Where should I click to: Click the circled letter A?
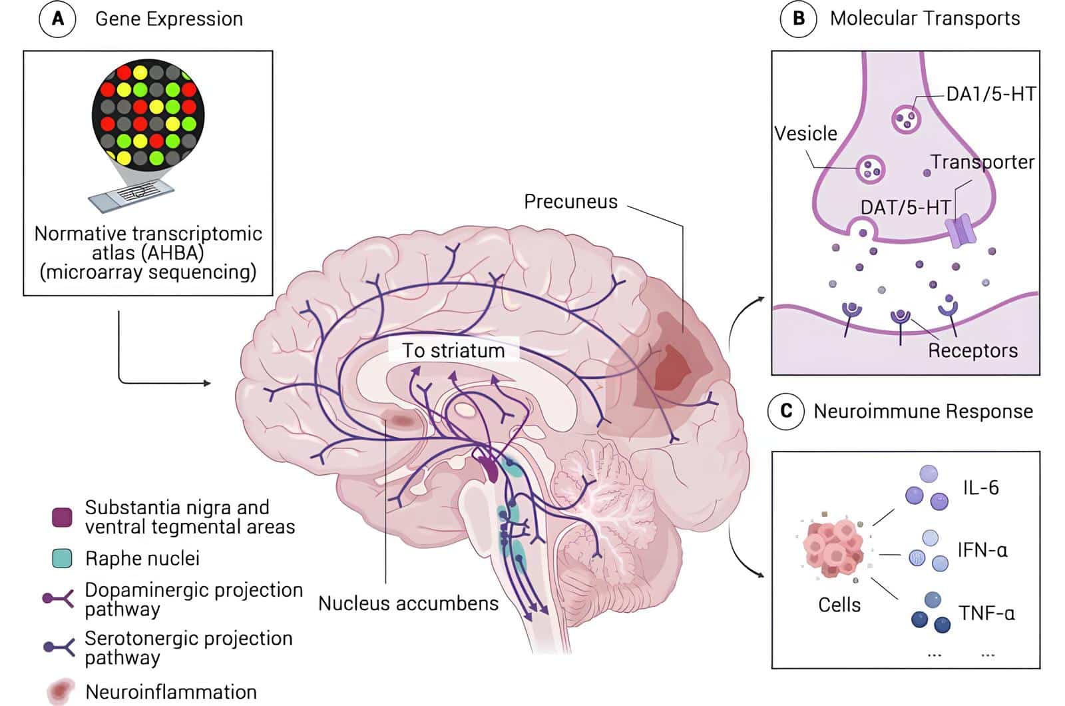pos(58,19)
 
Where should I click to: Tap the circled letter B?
pos(798,19)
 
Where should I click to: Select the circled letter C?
pos(785,411)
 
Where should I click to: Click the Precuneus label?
pos(570,201)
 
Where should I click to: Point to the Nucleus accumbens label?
pos(408,603)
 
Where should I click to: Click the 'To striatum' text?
pos(453,350)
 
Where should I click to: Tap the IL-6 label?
pos(980,488)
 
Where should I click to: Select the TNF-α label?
pos(986,613)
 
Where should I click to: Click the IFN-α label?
pos(982,550)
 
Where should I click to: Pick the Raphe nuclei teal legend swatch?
pos(62,558)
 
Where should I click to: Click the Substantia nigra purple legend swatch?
pos(62,517)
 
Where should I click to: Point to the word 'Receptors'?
pos(972,350)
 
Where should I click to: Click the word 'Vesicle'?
pos(805,133)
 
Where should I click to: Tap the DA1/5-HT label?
pos(990,94)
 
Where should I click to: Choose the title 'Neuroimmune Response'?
pos(923,411)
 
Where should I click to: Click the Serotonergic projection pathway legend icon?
pos(59,646)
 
